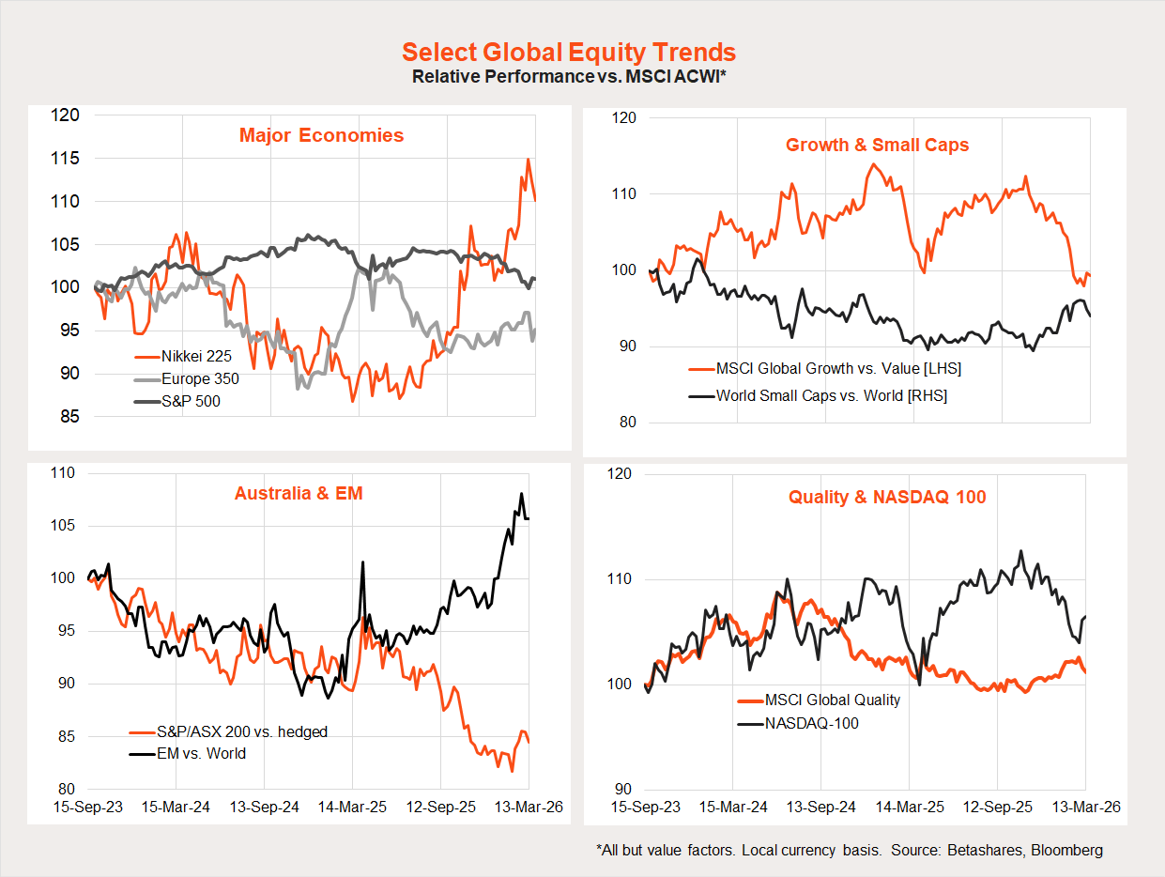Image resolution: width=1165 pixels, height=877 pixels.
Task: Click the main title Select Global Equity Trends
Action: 568,52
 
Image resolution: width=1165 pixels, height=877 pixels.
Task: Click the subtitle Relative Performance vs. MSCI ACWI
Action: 568,76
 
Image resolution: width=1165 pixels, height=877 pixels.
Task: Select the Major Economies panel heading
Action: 321,135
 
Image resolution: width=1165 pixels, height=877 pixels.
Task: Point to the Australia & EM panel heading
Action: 298,492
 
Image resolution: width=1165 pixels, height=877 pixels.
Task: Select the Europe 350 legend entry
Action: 200,379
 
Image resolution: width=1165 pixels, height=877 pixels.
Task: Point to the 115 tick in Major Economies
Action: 68,159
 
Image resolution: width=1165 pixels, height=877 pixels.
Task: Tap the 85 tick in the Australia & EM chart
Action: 68,736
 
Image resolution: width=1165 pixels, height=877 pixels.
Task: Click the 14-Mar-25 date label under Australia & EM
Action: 353,807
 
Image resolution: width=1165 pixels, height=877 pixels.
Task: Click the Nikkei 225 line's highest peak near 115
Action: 528,160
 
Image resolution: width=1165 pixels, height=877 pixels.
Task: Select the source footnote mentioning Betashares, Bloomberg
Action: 849,851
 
